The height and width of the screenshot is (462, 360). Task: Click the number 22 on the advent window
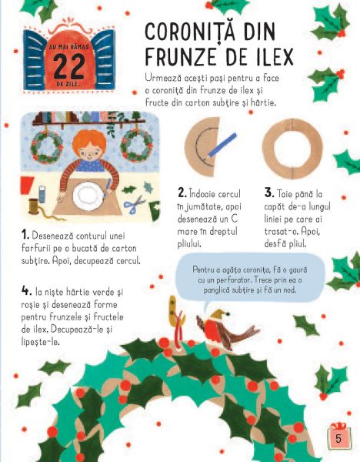69,66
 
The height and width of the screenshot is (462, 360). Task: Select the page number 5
338,438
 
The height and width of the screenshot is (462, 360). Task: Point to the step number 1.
25,235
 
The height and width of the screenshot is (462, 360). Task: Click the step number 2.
182,193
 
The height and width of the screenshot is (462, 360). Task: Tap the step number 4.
26,291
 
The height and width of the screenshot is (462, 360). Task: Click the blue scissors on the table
134,205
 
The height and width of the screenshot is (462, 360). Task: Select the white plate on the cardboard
88,196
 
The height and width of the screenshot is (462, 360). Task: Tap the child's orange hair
89,142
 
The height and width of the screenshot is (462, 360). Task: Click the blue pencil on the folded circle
222,145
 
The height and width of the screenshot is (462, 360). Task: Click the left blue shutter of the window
35,60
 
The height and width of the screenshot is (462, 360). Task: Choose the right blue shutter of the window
103,59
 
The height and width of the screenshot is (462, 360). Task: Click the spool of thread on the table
33,206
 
